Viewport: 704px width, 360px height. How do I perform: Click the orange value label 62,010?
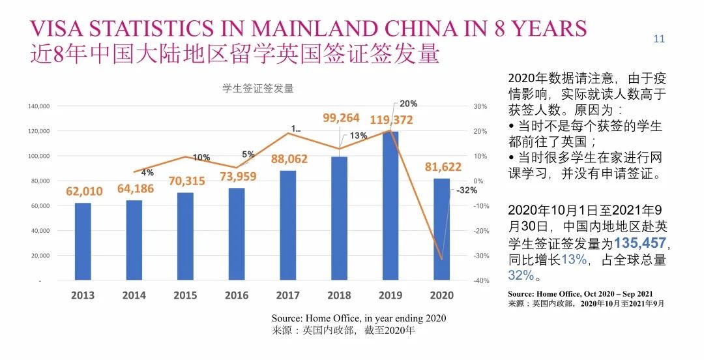tap(84, 192)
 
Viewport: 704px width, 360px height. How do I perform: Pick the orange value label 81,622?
tap(443, 167)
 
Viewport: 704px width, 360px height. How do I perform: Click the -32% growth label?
tap(467, 190)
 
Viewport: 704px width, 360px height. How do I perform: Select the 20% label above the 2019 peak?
tap(409, 104)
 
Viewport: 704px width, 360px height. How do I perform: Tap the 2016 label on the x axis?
tap(237, 295)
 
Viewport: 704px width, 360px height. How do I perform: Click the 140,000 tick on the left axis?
tap(39, 106)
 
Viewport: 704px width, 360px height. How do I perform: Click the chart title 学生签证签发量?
tap(258, 89)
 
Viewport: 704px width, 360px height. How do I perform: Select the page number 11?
tap(659, 39)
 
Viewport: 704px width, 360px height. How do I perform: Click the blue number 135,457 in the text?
tap(640, 244)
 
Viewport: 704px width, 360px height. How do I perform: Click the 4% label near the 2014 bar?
tap(147, 173)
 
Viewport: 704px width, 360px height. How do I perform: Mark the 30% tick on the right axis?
tap(480, 106)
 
